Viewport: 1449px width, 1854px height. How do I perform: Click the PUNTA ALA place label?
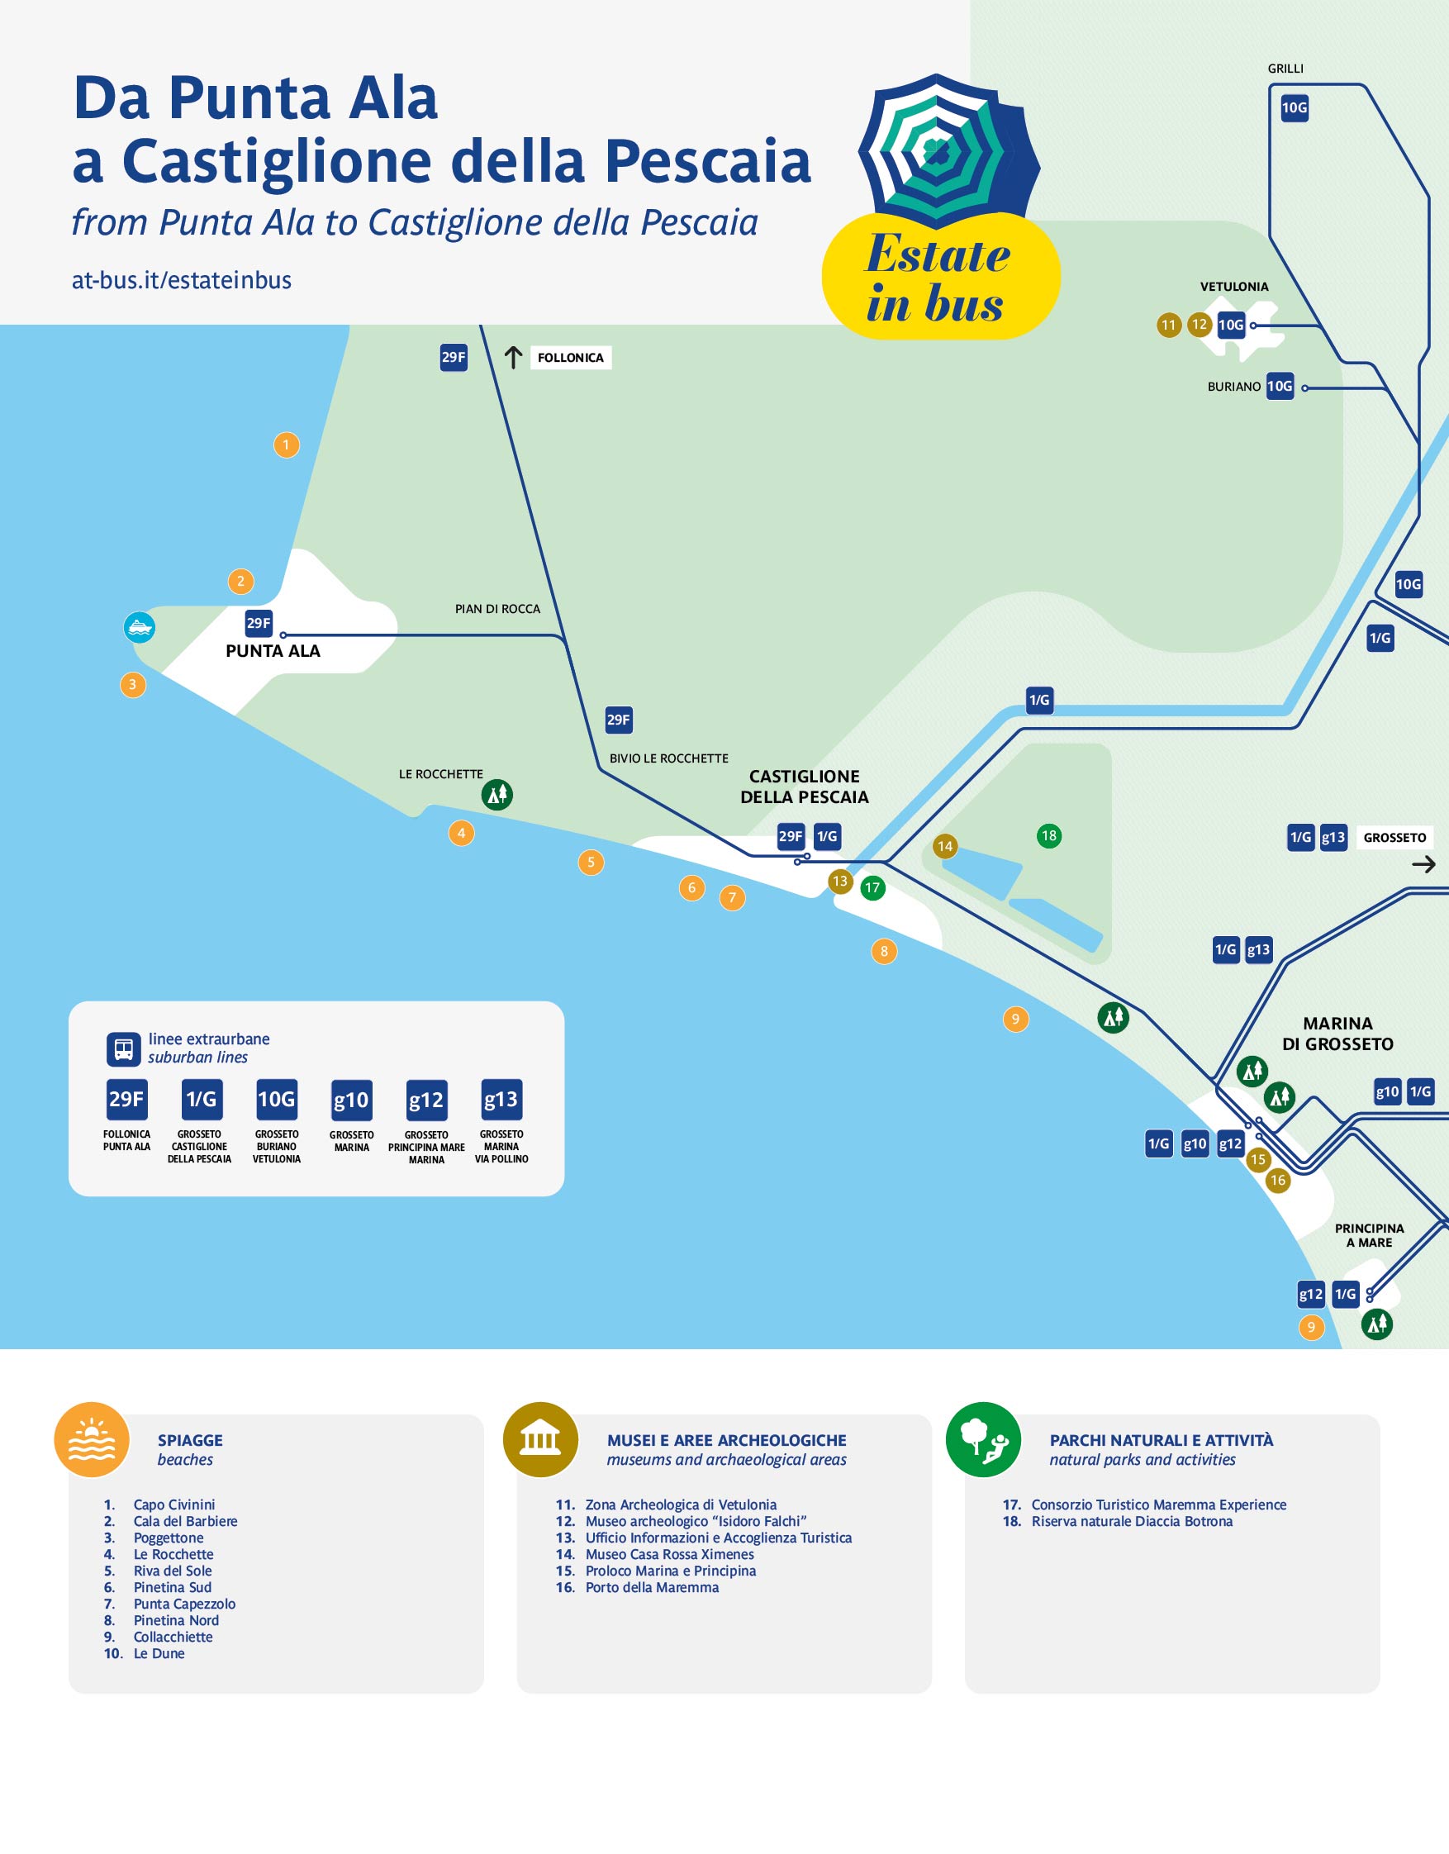[x=273, y=651]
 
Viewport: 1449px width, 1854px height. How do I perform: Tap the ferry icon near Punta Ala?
[x=140, y=627]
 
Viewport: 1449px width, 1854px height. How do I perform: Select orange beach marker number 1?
[x=286, y=444]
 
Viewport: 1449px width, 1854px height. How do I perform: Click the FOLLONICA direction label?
[x=571, y=358]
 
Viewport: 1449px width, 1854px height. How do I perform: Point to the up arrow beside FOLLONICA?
[x=513, y=358]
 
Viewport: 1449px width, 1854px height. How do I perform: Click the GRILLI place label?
[x=1285, y=69]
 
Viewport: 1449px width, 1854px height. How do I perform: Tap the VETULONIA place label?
[x=1233, y=287]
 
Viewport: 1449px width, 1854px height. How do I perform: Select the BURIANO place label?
[x=1233, y=387]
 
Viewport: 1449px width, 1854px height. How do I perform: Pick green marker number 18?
[x=1049, y=835]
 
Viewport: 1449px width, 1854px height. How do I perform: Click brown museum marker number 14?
[x=945, y=845]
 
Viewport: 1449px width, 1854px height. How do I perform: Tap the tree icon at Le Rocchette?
[x=496, y=795]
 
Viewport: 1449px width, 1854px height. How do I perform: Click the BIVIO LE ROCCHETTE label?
[x=668, y=758]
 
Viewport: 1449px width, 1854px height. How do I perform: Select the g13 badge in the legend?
[x=501, y=1101]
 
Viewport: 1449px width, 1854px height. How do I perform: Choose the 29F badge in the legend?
[x=126, y=1101]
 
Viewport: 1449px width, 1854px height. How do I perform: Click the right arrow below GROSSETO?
[x=1423, y=864]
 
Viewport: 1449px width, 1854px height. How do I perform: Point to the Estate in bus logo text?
[x=937, y=278]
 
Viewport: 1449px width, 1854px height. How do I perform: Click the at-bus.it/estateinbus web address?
[x=182, y=281]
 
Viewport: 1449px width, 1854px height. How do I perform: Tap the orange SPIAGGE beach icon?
[x=92, y=1440]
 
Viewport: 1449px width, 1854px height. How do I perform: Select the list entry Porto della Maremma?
[x=651, y=1587]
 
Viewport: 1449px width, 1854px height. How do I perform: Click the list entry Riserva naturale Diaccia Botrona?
[x=1132, y=1521]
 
